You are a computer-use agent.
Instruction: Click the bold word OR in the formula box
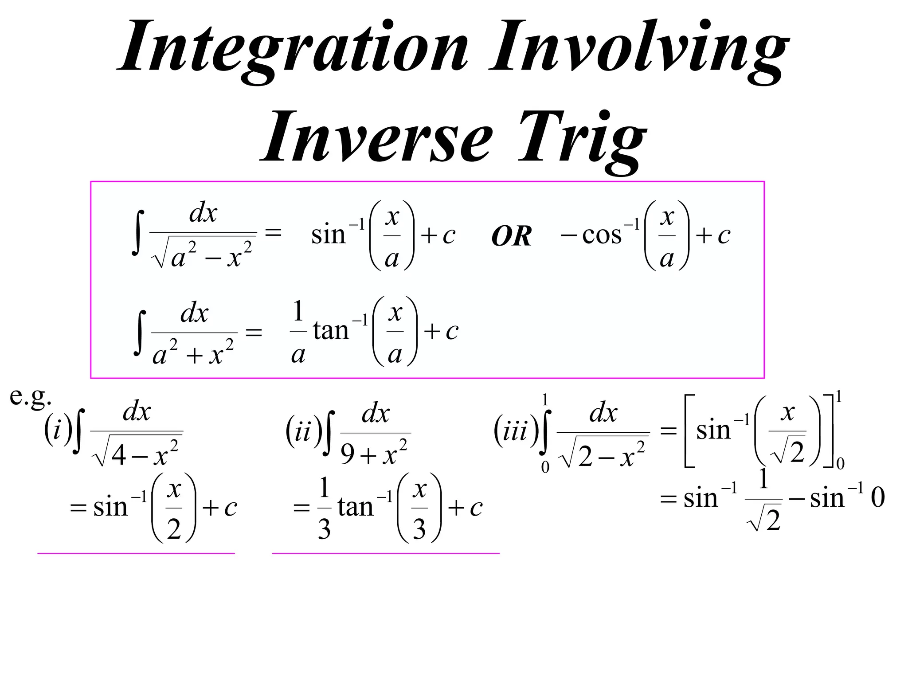point(511,236)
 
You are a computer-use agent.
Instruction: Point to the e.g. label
point(30,396)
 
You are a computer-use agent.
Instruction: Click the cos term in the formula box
point(602,235)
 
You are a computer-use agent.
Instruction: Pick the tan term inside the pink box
point(331,331)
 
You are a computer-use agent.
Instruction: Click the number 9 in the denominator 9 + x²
point(348,454)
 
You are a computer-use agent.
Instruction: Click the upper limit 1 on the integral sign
point(545,400)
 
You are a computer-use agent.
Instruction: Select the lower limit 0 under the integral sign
point(545,467)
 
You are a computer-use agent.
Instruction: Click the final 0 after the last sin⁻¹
point(878,497)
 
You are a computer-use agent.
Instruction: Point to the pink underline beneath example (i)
point(136,553)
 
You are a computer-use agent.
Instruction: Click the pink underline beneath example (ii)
point(385,553)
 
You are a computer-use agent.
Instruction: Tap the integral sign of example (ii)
point(329,433)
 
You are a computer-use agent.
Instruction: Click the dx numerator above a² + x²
point(194,313)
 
